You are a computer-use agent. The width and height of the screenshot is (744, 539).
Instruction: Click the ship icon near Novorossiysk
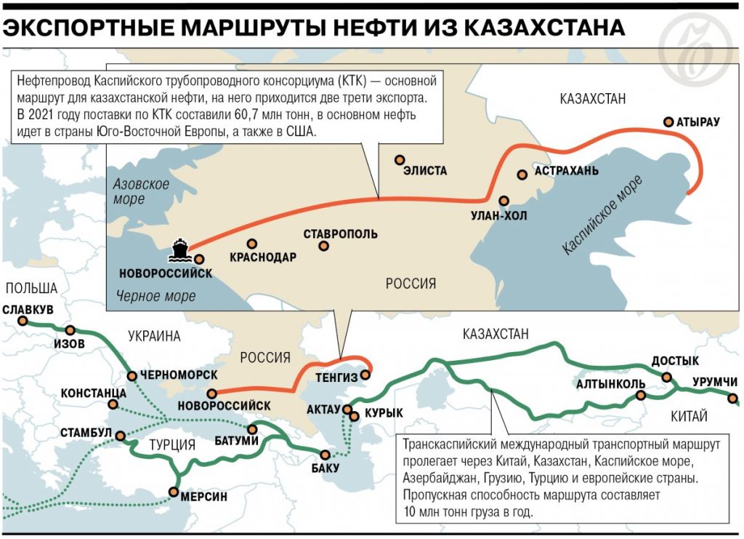179,250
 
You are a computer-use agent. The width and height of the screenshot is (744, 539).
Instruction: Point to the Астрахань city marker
522,175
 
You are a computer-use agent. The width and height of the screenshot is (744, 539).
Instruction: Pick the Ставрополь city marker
323,247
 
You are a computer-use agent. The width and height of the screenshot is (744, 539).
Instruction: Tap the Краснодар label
262,257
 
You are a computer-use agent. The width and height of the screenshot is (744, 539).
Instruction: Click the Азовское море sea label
141,191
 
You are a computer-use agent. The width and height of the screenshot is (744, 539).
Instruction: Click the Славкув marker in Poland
23,321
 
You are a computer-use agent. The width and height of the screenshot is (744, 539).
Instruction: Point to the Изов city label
70,343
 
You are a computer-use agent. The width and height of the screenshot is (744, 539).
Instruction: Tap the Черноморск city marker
132,376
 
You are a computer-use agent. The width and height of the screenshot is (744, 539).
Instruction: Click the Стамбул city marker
121,437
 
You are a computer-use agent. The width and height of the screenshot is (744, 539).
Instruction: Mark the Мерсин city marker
174,492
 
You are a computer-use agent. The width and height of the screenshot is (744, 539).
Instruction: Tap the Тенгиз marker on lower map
366,376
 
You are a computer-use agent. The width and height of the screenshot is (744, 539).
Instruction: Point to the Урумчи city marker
733,398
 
